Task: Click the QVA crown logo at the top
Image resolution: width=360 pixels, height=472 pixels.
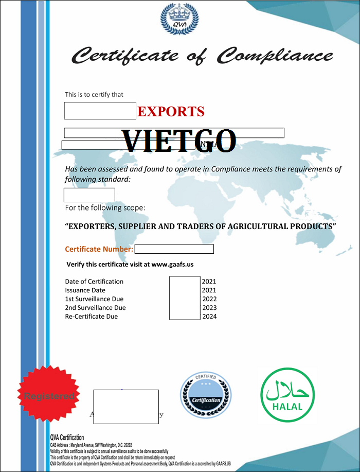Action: point(179,20)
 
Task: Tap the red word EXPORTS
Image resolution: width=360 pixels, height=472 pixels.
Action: point(171,111)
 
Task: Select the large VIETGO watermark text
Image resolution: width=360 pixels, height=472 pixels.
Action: point(179,140)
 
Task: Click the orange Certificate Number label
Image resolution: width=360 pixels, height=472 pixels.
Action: point(99,249)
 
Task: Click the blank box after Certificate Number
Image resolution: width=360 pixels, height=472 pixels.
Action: point(174,249)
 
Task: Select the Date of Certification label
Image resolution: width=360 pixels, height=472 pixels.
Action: point(94,282)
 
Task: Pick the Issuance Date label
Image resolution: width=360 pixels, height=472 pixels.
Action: point(85,290)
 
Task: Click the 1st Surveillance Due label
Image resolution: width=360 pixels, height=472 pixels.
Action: point(94,299)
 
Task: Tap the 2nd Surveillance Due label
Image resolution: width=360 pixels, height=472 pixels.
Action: point(95,308)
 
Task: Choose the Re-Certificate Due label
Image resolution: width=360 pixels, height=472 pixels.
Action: point(91,317)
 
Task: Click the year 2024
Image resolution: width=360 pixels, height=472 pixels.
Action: point(209,317)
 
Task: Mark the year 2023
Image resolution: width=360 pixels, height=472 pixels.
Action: point(209,308)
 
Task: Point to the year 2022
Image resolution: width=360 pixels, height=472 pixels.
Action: point(209,299)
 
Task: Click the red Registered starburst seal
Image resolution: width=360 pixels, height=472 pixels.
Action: point(49,396)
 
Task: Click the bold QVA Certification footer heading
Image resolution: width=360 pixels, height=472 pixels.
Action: point(67,438)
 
